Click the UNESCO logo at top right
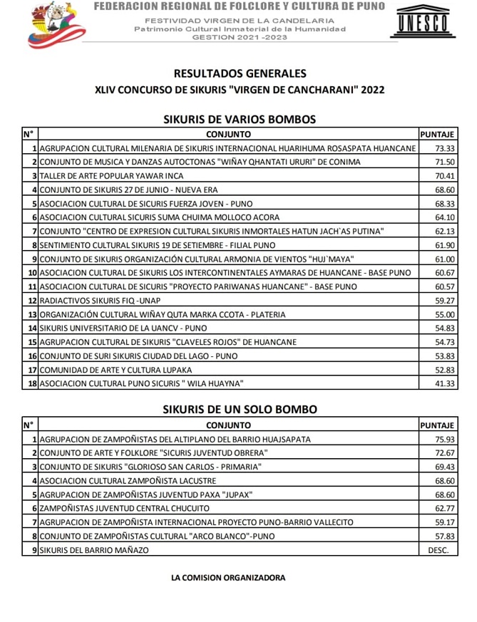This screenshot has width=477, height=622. pyautogui.click(x=423, y=24)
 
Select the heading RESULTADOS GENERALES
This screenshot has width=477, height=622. pyautogui.click(x=240, y=73)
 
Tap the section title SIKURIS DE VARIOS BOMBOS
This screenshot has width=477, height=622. pyautogui.click(x=240, y=119)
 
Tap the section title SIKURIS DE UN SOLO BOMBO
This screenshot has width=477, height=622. pyautogui.click(x=240, y=410)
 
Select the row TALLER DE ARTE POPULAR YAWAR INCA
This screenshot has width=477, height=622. pyautogui.click(x=111, y=176)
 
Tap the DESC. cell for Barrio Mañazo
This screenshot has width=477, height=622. pyautogui.click(x=438, y=550)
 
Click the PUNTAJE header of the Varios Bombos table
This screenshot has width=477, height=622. pyautogui.click(x=437, y=133)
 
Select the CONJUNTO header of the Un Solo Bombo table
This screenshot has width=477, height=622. pyautogui.click(x=228, y=425)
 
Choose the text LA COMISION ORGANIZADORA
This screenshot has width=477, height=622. pyautogui.click(x=228, y=578)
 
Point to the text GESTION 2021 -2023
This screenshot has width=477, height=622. pyautogui.click(x=240, y=38)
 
